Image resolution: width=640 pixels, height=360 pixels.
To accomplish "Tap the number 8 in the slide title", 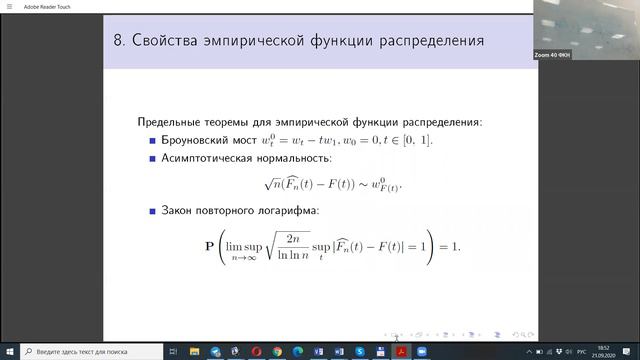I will tap(121, 42).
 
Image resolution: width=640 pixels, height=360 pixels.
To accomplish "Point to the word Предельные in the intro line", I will tap(177, 122).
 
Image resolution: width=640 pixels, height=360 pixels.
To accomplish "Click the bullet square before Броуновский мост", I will tap(153, 140).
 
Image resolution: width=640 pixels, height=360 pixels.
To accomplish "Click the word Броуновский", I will tap(201, 140).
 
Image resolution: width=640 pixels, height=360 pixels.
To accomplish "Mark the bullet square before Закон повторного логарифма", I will tap(153, 211).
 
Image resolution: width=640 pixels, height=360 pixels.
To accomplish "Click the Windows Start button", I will tap(8, 352).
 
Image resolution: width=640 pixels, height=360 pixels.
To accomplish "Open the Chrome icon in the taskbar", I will tap(256, 352).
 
